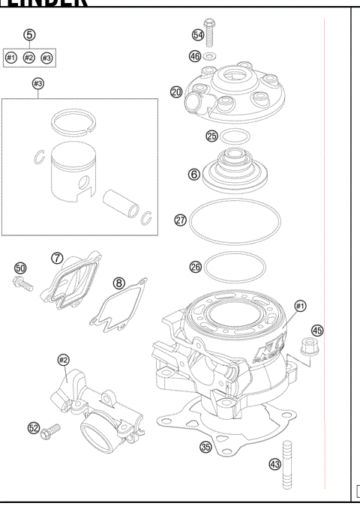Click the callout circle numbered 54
[x=198, y=35]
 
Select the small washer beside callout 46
[x=211, y=55]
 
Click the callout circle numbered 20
[x=176, y=91]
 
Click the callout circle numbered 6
[x=193, y=174]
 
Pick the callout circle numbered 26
[x=195, y=266]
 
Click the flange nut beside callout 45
[x=306, y=346]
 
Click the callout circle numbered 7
[x=56, y=257]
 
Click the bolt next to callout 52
[x=52, y=430]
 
